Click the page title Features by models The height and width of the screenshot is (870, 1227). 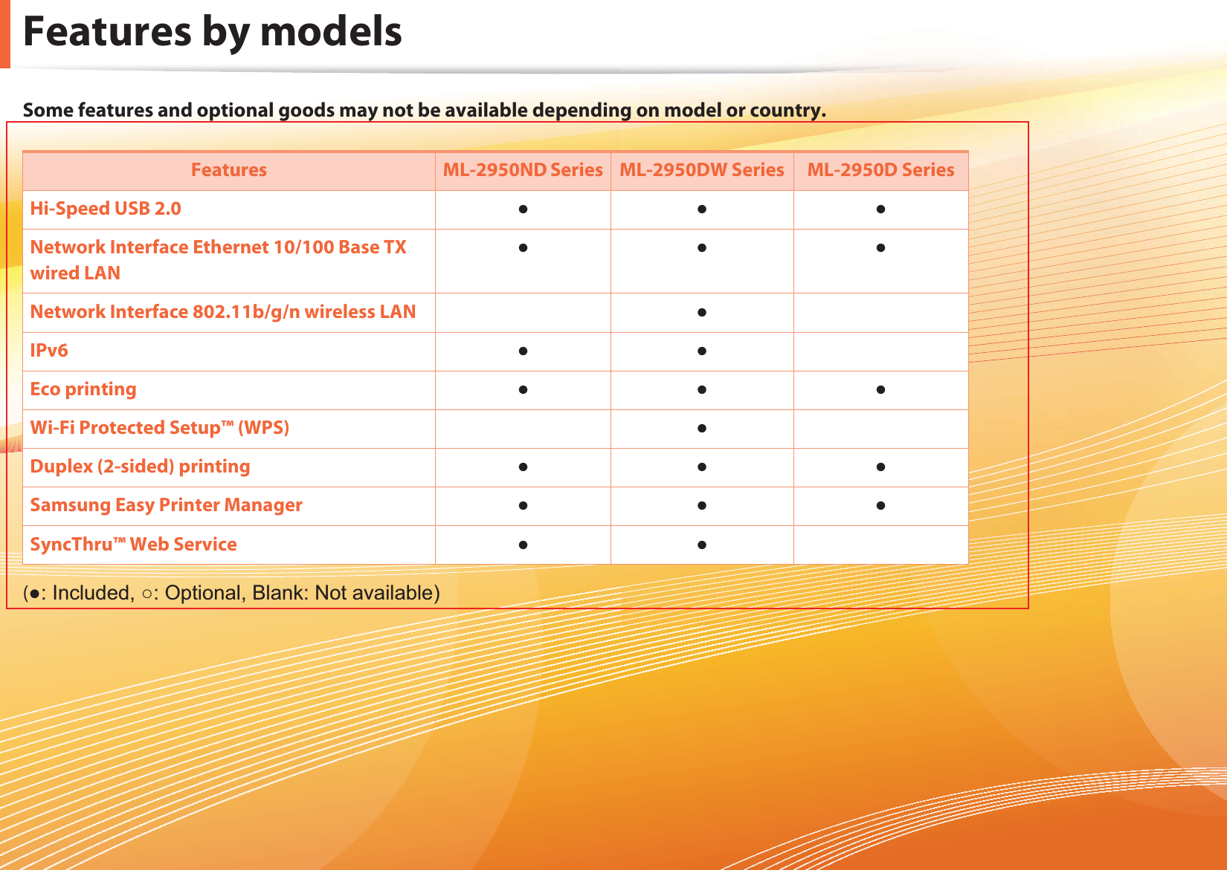(x=213, y=32)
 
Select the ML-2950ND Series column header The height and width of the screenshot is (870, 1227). (x=523, y=170)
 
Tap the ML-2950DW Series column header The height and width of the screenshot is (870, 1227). (x=702, y=170)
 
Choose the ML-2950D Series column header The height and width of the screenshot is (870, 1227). (x=880, y=170)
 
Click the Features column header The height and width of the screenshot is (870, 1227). (x=229, y=170)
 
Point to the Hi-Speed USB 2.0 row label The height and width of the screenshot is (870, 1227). (x=105, y=209)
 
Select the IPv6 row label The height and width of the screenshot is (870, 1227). (x=49, y=350)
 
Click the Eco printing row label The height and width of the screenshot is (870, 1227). (x=83, y=389)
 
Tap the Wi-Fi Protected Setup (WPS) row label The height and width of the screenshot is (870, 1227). (x=159, y=428)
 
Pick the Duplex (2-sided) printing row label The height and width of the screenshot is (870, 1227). (x=141, y=467)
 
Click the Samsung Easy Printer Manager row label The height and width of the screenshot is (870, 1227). (x=166, y=505)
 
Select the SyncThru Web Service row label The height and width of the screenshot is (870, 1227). (x=134, y=545)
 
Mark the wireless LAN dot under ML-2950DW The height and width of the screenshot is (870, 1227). (x=702, y=313)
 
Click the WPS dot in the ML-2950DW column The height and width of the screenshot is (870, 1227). (x=702, y=429)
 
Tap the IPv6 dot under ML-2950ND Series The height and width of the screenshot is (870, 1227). (x=523, y=351)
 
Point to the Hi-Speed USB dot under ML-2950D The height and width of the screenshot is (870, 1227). (x=880, y=209)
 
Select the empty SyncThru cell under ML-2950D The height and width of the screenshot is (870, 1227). (x=880, y=545)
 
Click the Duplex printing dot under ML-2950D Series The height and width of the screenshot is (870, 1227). (x=880, y=467)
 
